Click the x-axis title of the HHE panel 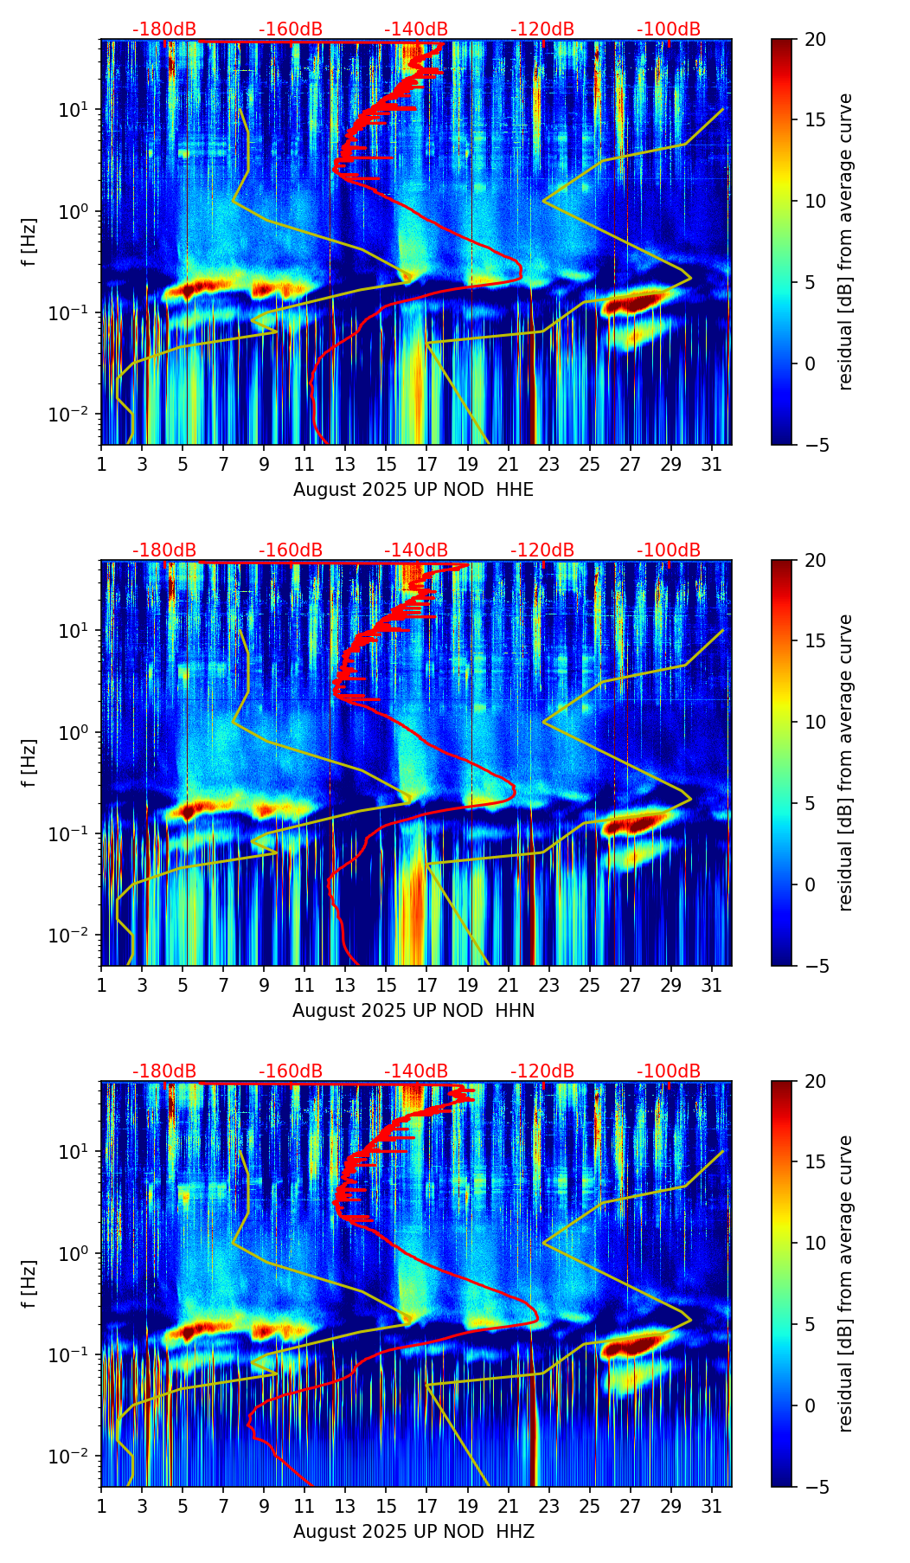pyautogui.click(x=413, y=490)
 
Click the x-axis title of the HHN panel pyautogui.click(x=413, y=1011)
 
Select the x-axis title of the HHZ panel pyautogui.click(x=413, y=1532)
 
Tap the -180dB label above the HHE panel pyautogui.click(x=164, y=29)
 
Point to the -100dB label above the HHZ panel pyautogui.click(x=669, y=1071)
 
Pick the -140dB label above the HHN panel pyautogui.click(x=416, y=550)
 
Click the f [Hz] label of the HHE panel pyautogui.click(x=30, y=242)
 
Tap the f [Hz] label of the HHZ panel pyautogui.click(x=30, y=1283)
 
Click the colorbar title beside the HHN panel pyautogui.click(x=845, y=762)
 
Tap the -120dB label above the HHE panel pyautogui.click(x=542, y=29)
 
